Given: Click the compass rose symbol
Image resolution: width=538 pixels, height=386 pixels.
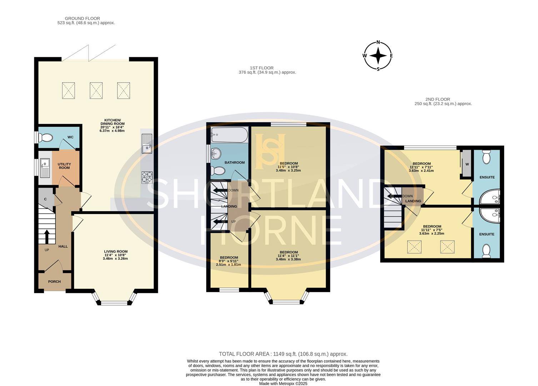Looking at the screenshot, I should point(378,56).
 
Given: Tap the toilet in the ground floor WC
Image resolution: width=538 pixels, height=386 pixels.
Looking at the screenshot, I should point(46,137).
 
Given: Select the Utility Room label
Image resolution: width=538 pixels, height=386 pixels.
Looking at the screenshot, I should point(64,166).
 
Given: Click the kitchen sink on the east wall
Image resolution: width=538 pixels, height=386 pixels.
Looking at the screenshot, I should point(147,143).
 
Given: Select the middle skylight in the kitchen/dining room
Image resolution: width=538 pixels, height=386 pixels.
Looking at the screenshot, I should point(96,90).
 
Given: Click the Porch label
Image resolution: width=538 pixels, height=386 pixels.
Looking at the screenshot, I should point(54,282).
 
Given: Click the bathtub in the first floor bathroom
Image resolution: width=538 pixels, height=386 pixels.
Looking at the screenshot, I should point(229,135).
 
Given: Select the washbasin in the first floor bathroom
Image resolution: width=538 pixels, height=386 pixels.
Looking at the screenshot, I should point(216,154).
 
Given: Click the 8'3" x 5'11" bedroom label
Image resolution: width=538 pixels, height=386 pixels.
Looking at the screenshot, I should point(229,261).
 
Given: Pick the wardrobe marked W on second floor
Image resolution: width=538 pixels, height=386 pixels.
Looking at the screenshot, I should point(466,164).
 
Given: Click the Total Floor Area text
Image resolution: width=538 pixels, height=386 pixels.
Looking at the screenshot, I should point(283,354).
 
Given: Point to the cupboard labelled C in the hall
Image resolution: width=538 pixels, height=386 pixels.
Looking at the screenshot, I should point(46,199).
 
